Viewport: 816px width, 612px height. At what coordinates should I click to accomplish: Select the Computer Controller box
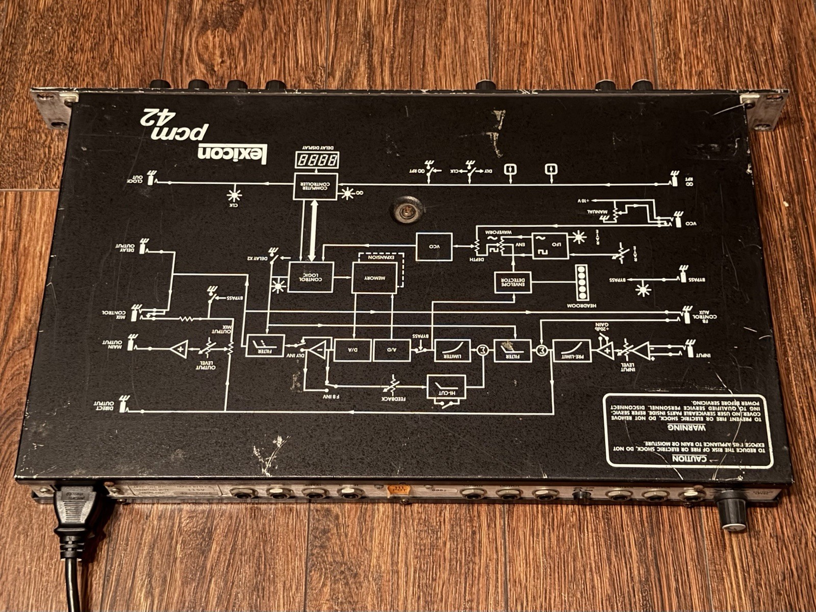coord(316,187)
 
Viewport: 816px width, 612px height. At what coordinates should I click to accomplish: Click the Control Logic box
coord(311,277)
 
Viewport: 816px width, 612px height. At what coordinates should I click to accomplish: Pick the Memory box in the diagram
coord(374,278)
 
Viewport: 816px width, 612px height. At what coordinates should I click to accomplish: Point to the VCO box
coord(434,247)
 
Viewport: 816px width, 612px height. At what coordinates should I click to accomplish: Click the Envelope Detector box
coord(513,283)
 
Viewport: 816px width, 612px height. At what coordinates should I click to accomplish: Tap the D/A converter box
coord(352,350)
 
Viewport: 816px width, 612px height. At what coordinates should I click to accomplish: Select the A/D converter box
coord(392,350)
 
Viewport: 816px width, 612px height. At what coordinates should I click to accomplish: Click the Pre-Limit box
coord(572,350)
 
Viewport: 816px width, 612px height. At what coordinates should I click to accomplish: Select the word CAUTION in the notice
coord(688,458)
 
